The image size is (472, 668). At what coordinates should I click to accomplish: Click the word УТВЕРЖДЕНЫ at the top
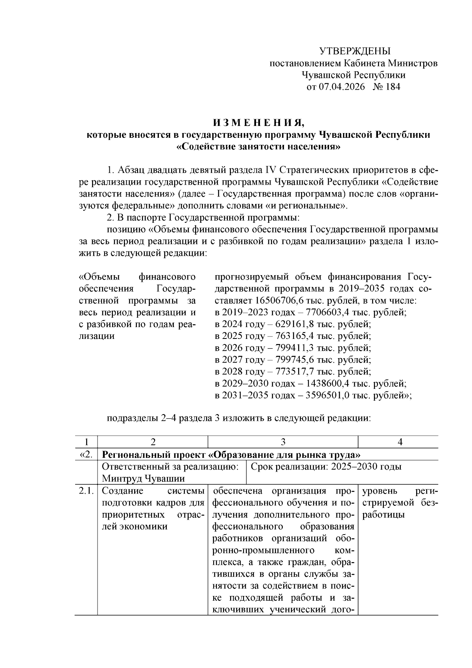coord(354,51)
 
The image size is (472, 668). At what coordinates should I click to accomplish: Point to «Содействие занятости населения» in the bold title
coord(258,147)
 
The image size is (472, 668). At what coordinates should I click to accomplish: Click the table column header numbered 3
coord(283,442)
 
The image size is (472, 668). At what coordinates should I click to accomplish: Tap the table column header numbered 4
coord(400,442)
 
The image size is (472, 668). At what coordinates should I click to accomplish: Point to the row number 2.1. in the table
coord(85,491)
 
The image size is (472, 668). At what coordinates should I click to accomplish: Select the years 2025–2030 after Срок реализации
coord(354,467)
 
